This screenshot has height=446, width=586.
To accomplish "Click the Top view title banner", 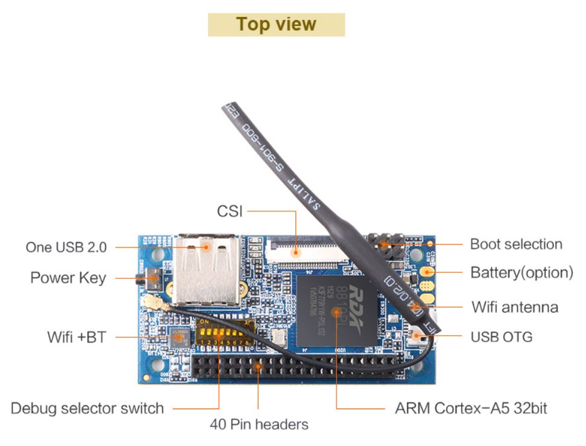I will [276, 24].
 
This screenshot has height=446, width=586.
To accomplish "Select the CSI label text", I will [230, 212].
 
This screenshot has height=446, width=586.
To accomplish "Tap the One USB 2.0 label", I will [66, 247].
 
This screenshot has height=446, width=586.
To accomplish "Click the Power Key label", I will [68, 278].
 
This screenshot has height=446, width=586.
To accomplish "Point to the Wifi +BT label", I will [77, 337].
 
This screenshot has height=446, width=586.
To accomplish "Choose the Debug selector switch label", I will [87, 408].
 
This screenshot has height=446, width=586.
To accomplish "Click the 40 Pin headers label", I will [259, 424].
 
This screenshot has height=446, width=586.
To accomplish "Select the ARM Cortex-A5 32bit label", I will [471, 408].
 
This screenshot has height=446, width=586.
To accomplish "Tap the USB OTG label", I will [502, 336].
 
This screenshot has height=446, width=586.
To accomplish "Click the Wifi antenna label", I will [515, 307].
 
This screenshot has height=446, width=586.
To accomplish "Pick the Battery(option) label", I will [521, 272].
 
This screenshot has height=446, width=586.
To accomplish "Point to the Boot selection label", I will [516, 244].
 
